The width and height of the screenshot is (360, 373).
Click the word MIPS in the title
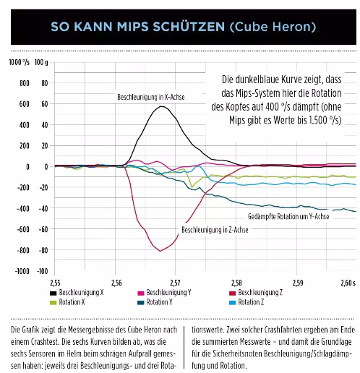click(x=132, y=27)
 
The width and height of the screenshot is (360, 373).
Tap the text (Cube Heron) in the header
click(x=273, y=27)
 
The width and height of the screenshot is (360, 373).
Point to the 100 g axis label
click(x=41, y=62)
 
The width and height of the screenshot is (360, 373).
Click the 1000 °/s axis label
click(x=20, y=62)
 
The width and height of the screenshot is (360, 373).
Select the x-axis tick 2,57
click(x=176, y=283)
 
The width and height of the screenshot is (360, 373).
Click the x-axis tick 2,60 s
click(x=348, y=283)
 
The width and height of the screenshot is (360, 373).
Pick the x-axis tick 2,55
click(x=55, y=283)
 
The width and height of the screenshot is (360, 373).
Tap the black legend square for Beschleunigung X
click(x=53, y=293)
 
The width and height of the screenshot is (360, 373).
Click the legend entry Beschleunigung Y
click(x=165, y=293)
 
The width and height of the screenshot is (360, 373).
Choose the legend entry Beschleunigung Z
click(x=256, y=293)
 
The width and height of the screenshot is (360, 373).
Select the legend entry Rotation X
click(x=67, y=302)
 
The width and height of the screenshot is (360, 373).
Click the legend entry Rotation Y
click(x=155, y=302)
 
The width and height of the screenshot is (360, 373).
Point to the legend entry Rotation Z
click(x=247, y=302)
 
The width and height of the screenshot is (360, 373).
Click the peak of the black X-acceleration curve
click(x=161, y=106)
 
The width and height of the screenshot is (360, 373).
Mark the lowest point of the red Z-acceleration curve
click(x=160, y=251)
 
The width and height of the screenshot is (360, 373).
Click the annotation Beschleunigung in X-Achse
click(x=151, y=97)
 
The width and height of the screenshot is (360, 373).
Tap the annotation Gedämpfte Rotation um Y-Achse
click(x=288, y=216)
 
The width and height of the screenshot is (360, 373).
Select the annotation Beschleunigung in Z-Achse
click(x=215, y=230)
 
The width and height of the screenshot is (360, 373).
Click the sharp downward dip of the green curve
click(x=192, y=187)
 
